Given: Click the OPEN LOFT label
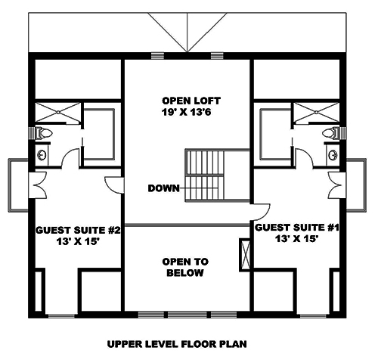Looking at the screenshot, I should click(187, 101).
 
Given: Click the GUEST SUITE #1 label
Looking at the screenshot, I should click(295, 227).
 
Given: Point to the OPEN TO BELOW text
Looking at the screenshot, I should click(187, 267).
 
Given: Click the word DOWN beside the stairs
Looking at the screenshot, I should click(164, 188).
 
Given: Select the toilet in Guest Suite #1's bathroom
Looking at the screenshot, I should click(330, 134).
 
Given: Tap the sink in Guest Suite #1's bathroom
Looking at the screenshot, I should click(333, 155).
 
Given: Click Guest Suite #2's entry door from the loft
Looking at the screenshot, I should click(113, 184).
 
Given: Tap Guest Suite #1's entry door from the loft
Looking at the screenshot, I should click(263, 213).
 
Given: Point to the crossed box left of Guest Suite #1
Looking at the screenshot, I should click(244, 251).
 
